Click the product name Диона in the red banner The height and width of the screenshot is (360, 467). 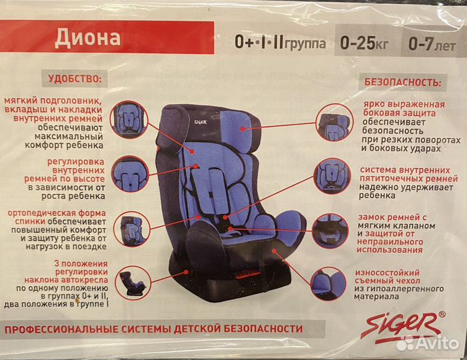87,37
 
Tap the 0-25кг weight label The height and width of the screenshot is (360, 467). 365,43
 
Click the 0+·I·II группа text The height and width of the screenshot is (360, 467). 280,43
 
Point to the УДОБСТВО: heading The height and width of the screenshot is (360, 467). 75,79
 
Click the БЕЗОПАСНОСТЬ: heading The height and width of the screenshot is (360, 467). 402,83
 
